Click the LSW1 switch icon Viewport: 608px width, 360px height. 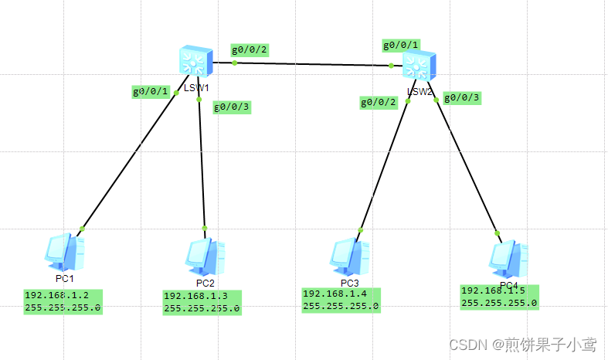193,59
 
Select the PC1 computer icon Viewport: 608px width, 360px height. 64,251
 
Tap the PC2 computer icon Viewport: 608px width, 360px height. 204,257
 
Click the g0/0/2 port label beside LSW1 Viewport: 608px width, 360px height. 250,50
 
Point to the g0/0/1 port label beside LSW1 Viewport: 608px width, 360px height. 151,91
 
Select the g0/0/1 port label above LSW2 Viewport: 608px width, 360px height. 402,45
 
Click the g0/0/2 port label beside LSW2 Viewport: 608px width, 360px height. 379,102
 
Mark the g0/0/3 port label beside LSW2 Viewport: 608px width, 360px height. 462,97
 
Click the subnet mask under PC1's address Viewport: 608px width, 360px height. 63,307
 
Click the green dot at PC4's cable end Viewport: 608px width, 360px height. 498,233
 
